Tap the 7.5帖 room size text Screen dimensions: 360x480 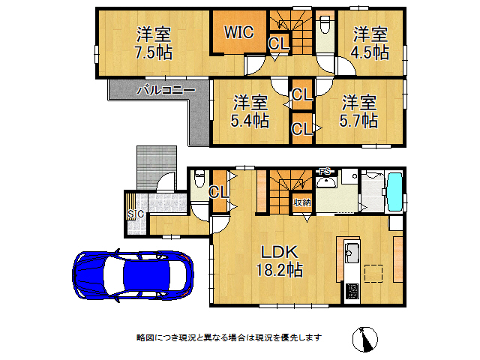pos(153,53)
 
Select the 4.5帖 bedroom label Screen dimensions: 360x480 pos(370,52)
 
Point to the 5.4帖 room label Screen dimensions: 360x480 pos(250,120)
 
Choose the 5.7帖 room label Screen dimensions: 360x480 pos(359,120)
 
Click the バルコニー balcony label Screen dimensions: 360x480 pos(166,90)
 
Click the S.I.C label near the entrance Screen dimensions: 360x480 pos(136,214)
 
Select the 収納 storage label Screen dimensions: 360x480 pos(302,202)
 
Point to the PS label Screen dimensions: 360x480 pos(325,172)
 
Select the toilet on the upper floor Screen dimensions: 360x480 pos(325,26)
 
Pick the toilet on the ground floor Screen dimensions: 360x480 pos(199,181)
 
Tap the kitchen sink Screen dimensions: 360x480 pos(352,251)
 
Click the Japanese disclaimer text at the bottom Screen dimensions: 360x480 pos(229,337)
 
